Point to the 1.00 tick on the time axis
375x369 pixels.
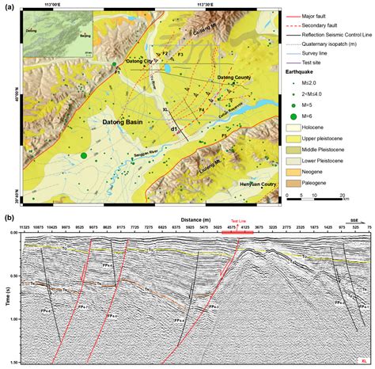point(14,319)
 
